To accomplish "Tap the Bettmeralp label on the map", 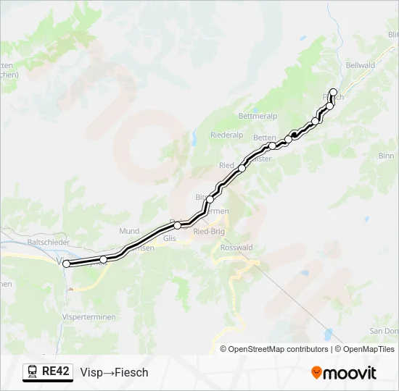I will pos(258,115).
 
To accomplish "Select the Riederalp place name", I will pos(226,135).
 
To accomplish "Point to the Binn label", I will pos(386,156).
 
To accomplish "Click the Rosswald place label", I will pos(236,247).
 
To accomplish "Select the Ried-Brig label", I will pos(210,232).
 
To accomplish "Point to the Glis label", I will pos(170,237).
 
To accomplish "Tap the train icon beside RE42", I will pos(33,371).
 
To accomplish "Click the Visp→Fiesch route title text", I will pos(114,372).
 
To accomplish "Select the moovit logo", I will pos(344,373).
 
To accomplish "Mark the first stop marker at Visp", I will pos(67,264).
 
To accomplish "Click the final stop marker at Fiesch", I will pos(334,92).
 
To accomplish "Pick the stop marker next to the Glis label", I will pos(177,225).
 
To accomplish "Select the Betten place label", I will pos(265,138).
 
